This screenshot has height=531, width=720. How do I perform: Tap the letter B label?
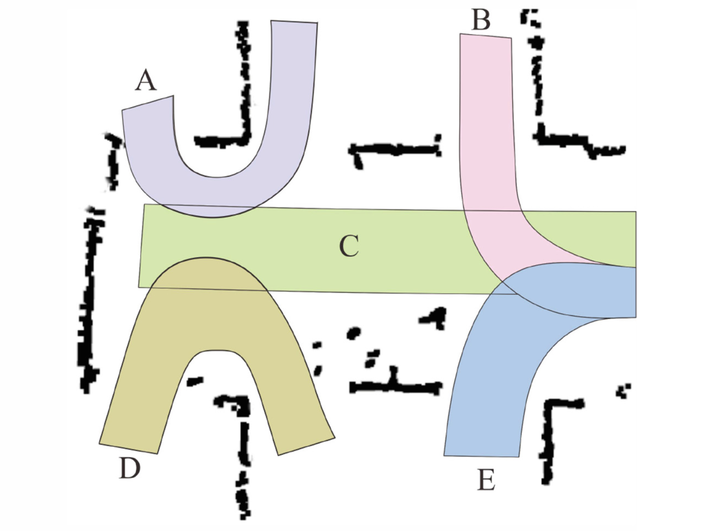tap(481, 21)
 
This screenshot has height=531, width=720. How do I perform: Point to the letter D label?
tap(130, 469)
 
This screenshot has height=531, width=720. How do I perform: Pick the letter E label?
tap(486, 480)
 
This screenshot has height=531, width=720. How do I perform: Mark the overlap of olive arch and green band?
tap(207, 274)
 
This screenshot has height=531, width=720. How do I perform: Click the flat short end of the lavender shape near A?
tap(148, 103)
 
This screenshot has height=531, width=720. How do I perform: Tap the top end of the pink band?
tap(485, 36)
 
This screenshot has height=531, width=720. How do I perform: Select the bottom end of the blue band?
tap(481, 455)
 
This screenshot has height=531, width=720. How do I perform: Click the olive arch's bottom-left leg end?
tap(129, 448)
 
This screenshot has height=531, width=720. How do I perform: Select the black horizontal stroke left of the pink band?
tap(394, 150)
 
